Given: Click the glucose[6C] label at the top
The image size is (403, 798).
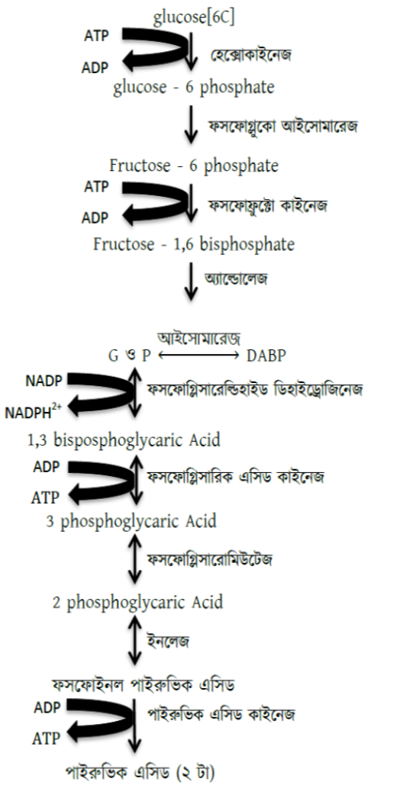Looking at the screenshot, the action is click(x=194, y=18).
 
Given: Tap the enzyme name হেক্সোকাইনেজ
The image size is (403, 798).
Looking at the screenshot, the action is click(x=251, y=55).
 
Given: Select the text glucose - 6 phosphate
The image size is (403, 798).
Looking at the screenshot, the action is click(x=194, y=87).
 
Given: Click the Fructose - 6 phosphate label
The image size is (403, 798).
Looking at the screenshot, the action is click(x=194, y=166).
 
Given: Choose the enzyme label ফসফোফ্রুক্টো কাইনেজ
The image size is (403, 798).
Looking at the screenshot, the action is click(x=267, y=206).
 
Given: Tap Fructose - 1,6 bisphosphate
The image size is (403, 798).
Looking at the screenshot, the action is click(x=194, y=244).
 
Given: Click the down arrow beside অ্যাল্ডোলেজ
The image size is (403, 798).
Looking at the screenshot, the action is click(x=191, y=281).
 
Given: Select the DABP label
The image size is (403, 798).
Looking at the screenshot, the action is click(x=266, y=356).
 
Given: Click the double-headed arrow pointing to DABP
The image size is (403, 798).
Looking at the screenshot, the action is click(x=198, y=356).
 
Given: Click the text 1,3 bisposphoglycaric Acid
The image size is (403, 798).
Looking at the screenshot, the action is click(x=124, y=440).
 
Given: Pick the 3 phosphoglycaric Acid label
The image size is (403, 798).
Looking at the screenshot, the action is click(x=131, y=522).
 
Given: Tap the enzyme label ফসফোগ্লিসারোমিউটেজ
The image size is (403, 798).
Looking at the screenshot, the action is click(x=210, y=560).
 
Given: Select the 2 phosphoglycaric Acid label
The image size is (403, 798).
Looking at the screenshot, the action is click(x=138, y=603).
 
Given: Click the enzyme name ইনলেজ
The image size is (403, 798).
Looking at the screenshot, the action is click(x=168, y=642).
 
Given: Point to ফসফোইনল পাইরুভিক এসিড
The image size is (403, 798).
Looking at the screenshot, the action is click(x=143, y=684).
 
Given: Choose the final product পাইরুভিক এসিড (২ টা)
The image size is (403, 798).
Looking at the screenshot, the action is click(x=140, y=773).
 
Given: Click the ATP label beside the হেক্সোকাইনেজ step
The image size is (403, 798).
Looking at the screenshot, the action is click(x=96, y=36).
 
